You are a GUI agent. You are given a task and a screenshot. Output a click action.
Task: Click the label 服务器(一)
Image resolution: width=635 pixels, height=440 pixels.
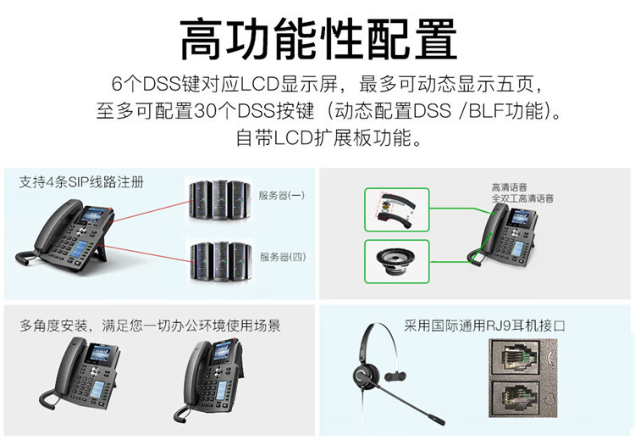click(x=282, y=195)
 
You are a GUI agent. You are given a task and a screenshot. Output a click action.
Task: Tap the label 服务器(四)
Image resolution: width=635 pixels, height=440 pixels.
click(x=282, y=257)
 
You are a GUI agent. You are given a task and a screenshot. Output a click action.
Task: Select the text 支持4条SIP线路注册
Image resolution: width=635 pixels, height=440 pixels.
click(x=81, y=181)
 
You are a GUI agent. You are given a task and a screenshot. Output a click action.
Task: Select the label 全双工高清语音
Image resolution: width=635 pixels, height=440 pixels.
click(x=522, y=198)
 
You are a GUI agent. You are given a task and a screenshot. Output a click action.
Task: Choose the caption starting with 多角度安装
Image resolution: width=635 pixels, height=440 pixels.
click(x=150, y=326)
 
